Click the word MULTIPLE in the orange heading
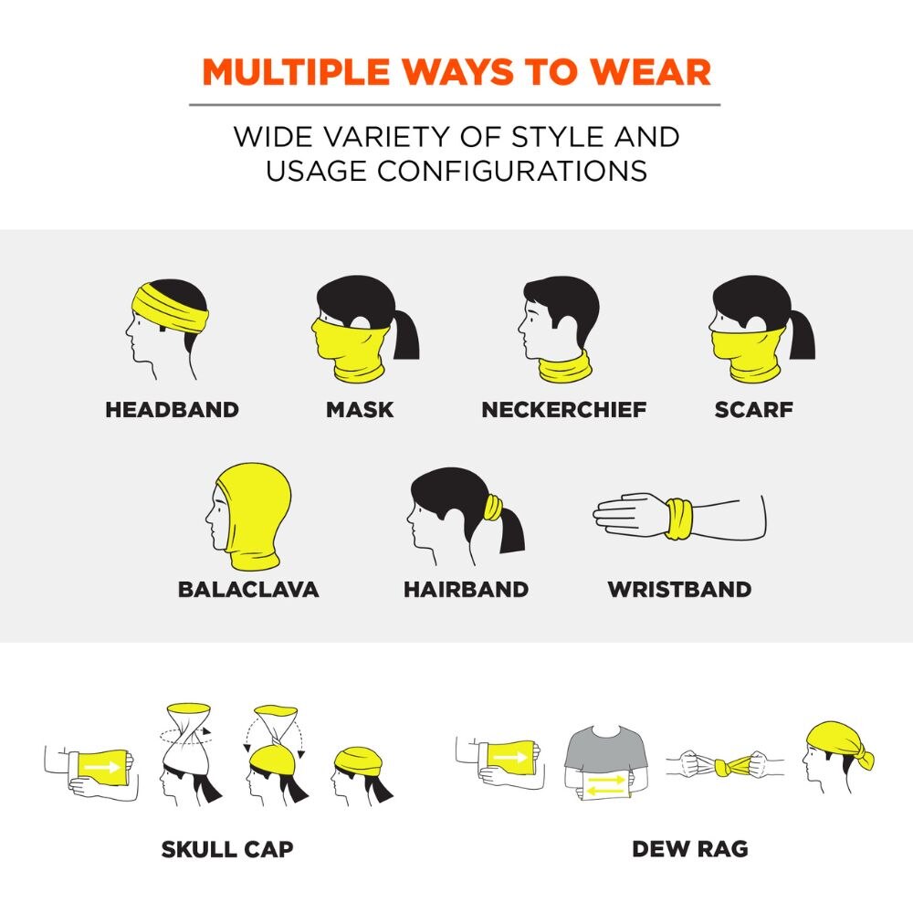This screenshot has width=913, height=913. [x=296, y=72]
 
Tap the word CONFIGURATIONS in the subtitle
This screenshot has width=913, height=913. [x=512, y=172]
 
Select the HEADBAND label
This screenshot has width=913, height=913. [x=173, y=409]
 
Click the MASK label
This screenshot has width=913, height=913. [x=360, y=409]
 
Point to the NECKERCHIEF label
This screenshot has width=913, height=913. [x=563, y=409]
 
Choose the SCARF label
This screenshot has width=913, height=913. [x=753, y=409]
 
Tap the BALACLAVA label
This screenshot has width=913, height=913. [x=248, y=589]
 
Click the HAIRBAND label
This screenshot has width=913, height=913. [x=467, y=589]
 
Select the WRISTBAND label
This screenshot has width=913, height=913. [x=679, y=589]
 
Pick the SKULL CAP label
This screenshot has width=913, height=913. [x=227, y=849]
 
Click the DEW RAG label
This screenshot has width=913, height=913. [x=690, y=849]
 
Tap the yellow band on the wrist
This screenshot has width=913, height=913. [x=679, y=519]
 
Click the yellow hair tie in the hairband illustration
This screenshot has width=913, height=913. [x=493, y=507]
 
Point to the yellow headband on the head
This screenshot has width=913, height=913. [x=169, y=310]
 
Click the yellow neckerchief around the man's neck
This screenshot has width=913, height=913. [x=565, y=368]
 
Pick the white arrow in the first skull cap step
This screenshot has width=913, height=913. [x=102, y=767]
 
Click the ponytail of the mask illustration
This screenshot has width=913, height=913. [x=405, y=335]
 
